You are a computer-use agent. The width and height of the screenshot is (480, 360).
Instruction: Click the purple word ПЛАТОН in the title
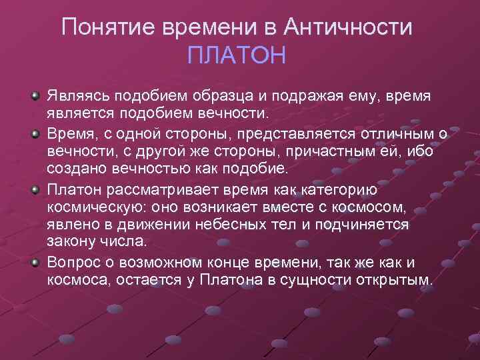pos(237,55)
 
